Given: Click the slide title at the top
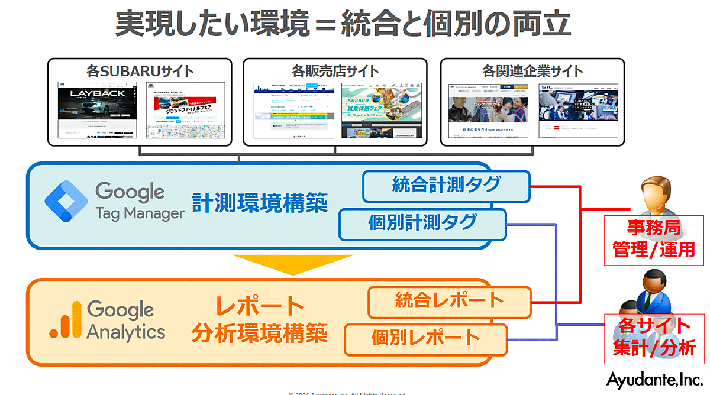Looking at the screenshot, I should pyautogui.click(x=343, y=24).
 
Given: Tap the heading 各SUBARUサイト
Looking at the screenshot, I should pyautogui.click(x=140, y=71).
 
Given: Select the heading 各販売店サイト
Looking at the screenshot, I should pyautogui.click(x=335, y=71).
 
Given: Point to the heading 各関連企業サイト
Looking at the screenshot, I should pyautogui.click(x=532, y=71).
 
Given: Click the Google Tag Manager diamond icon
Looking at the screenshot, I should pyautogui.click(x=66, y=201).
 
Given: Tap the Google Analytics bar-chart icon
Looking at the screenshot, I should pyautogui.click(x=64, y=320).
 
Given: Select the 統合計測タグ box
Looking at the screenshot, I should pyautogui.click(x=446, y=186).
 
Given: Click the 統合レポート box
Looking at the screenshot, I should pyautogui.click(x=450, y=301).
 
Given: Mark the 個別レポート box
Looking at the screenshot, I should pyautogui.click(x=426, y=338).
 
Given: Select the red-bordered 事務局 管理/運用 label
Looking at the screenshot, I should pyautogui.click(x=654, y=239).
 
